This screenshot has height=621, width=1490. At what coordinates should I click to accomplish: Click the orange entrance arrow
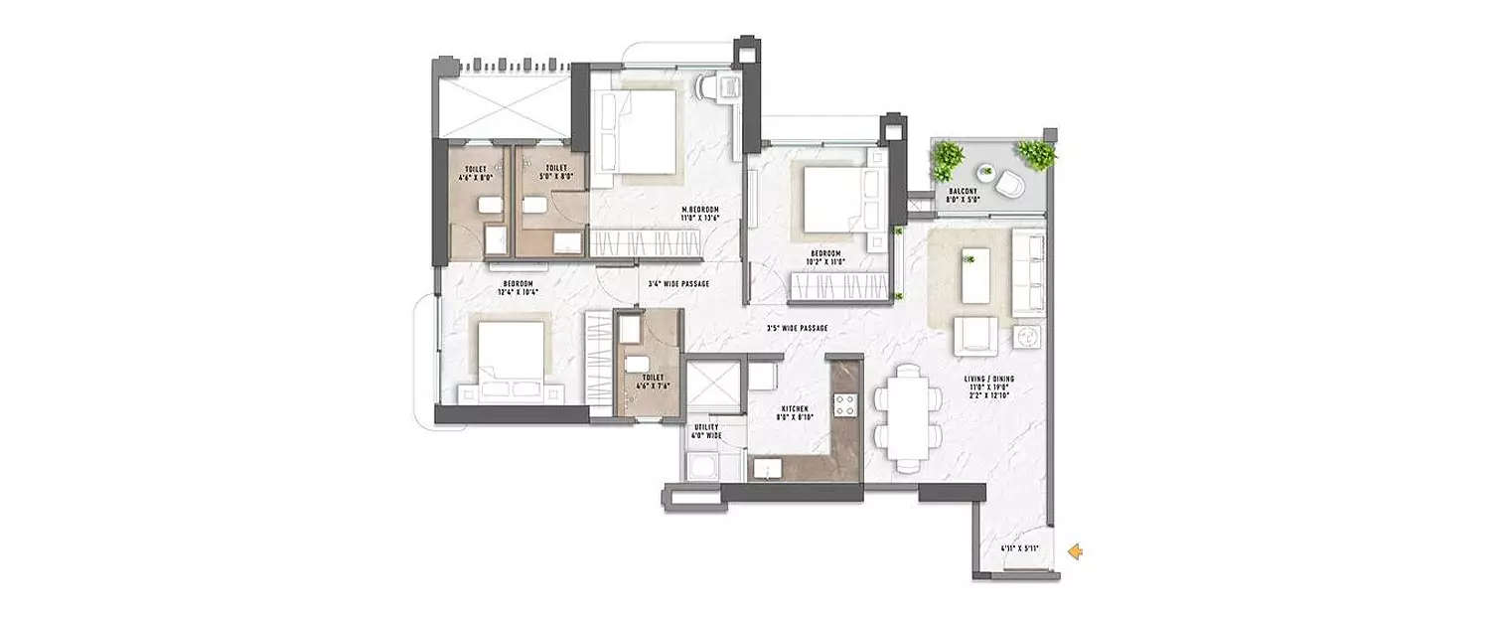click(x=1075, y=551)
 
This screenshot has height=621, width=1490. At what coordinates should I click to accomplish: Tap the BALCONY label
click(x=965, y=195)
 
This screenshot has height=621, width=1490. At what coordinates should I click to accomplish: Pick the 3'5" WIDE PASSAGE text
click(x=797, y=328)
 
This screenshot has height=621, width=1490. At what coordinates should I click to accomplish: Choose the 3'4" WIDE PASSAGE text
click(x=678, y=283)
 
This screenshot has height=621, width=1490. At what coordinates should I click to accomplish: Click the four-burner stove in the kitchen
click(x=844, y=404)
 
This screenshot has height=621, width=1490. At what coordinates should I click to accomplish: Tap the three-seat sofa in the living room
click(x=1029, y=273)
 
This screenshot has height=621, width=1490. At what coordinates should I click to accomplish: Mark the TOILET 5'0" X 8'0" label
click(x=556, y=172)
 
